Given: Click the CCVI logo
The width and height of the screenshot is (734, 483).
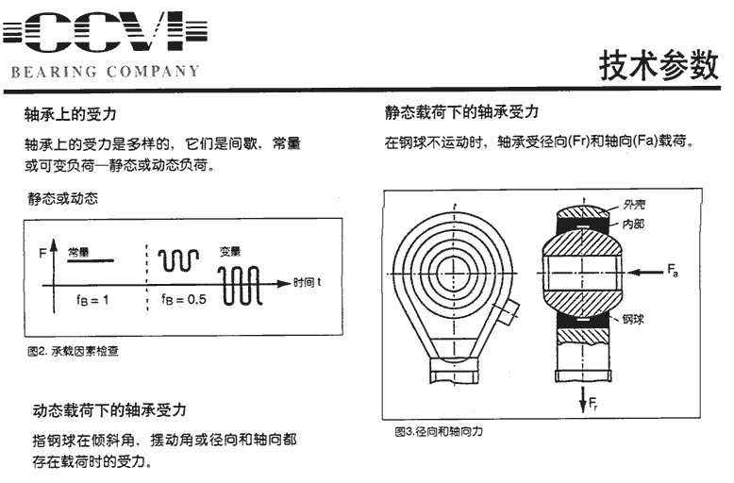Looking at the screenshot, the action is point(105,32).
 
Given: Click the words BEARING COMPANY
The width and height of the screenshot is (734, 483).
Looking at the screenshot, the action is point(106,72).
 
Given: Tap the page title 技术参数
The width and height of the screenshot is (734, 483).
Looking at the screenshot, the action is point(659,64).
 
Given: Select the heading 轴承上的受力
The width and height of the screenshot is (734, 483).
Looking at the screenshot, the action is point(70,114).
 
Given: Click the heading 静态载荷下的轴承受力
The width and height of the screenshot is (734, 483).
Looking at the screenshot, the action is point(461,112).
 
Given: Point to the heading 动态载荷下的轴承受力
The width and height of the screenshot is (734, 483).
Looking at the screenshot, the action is point(109,410).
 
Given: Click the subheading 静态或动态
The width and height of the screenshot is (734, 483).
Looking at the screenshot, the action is point(63,199).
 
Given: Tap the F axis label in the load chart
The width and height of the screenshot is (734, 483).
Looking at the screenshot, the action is point(43,253).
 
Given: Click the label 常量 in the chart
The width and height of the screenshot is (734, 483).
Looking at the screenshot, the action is point(78,253).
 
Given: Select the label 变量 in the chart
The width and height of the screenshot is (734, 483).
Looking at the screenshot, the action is point(230,252).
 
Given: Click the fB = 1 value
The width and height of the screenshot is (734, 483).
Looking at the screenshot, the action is point(92,300).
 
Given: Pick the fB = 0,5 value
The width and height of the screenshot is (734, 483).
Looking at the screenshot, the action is point(183,299).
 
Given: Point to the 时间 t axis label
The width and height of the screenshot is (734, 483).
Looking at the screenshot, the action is point(307,282).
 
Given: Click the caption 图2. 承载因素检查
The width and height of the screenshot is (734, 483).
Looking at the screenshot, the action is point(73,351).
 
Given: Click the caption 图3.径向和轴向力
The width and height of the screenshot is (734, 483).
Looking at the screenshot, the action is point(439,431).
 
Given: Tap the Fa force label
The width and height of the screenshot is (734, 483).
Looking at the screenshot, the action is point(673,271).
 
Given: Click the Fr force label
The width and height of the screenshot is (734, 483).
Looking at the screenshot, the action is point(592,404).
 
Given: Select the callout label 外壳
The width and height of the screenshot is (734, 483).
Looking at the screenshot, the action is point(634,205).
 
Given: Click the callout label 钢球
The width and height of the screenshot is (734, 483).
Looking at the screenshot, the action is point(633,319).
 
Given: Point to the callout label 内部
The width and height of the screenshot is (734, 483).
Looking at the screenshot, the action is point(633,225).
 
